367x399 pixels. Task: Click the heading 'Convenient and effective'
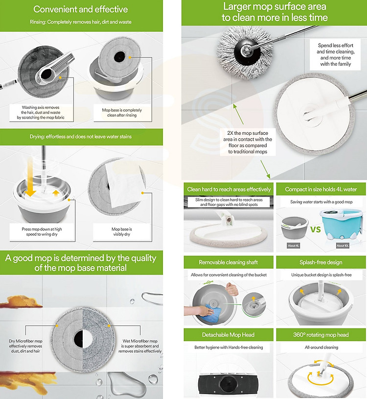(81, 9)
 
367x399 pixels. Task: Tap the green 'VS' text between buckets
(316, 229)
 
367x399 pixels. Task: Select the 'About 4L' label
(293, 246)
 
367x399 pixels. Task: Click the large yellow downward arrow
(30, 178)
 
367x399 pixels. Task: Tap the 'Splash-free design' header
(321, 262)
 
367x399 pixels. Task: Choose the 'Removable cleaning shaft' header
(229, 262)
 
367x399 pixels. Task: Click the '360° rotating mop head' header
(321, 335)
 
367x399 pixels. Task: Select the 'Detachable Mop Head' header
(229, 335)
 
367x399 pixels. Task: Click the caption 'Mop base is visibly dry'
(122, 231)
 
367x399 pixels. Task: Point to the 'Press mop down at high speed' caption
(42, 231)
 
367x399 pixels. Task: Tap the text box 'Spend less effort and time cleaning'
(335, 54)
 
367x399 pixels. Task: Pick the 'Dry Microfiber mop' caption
(25, 346)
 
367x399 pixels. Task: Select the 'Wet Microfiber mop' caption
(140, 346)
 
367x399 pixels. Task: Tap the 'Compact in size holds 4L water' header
(321, 189)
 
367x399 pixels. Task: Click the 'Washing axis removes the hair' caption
(41, 112)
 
